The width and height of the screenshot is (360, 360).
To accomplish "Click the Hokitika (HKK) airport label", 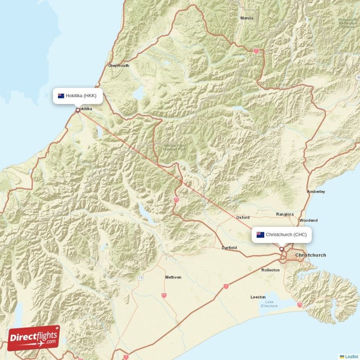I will click(x=81, y=95).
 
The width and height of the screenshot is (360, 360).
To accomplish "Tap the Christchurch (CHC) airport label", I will click(x=286, y=234).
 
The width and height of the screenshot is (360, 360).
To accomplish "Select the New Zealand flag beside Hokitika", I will click(x=61, y=95).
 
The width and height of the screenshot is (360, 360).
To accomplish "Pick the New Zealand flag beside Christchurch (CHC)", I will click(x=260, y=234).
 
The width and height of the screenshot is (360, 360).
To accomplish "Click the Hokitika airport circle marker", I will click(x=78, y=110).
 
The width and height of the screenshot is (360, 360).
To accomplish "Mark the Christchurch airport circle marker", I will click(x=282, y=249).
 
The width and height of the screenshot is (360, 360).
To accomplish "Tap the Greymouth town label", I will click(x=118, y=66).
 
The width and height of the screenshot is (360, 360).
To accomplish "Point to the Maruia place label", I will click(x=247, y=18).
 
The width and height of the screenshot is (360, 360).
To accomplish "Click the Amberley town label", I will click(x=316, y=192).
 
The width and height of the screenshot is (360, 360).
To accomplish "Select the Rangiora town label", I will click(x=284, y=214).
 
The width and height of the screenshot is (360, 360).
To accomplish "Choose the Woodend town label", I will click(x=308, y=220).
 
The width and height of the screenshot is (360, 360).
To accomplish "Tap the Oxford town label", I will click(x=243, y=217).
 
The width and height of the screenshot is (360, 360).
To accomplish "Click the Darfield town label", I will click(x=229, y=248).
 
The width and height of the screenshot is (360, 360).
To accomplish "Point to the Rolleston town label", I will click(x=270, y=270).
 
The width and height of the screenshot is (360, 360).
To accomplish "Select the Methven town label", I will click(x=173, y=277).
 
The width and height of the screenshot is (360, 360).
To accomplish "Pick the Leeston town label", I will click(x=258, y=297).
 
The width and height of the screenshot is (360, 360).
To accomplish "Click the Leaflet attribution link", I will click(x=351, y=356).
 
